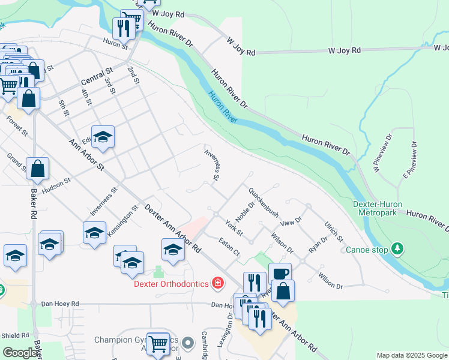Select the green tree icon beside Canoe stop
tap(397, 248)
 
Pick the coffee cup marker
tap(280, 274)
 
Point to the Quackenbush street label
tap(264, 202)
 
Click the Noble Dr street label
tap(246, 211)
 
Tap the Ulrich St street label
tap(334, 231)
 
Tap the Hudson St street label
tap(56, 184)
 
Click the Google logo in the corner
tap(20, 353)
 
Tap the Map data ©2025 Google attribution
tap(412, 355)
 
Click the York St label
tap(234, 228)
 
